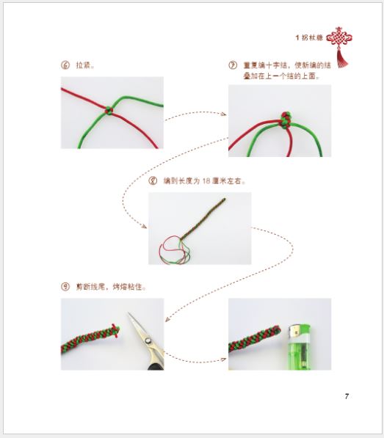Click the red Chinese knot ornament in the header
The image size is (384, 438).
point(338,40)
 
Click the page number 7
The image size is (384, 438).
point(347,397)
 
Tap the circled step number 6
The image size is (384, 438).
point(65,65)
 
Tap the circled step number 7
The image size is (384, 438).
point(233,65)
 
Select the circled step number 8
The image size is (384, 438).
point(153,180)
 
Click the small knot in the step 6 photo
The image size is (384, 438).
point(108,110)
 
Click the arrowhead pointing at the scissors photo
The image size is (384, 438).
point(168,320)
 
